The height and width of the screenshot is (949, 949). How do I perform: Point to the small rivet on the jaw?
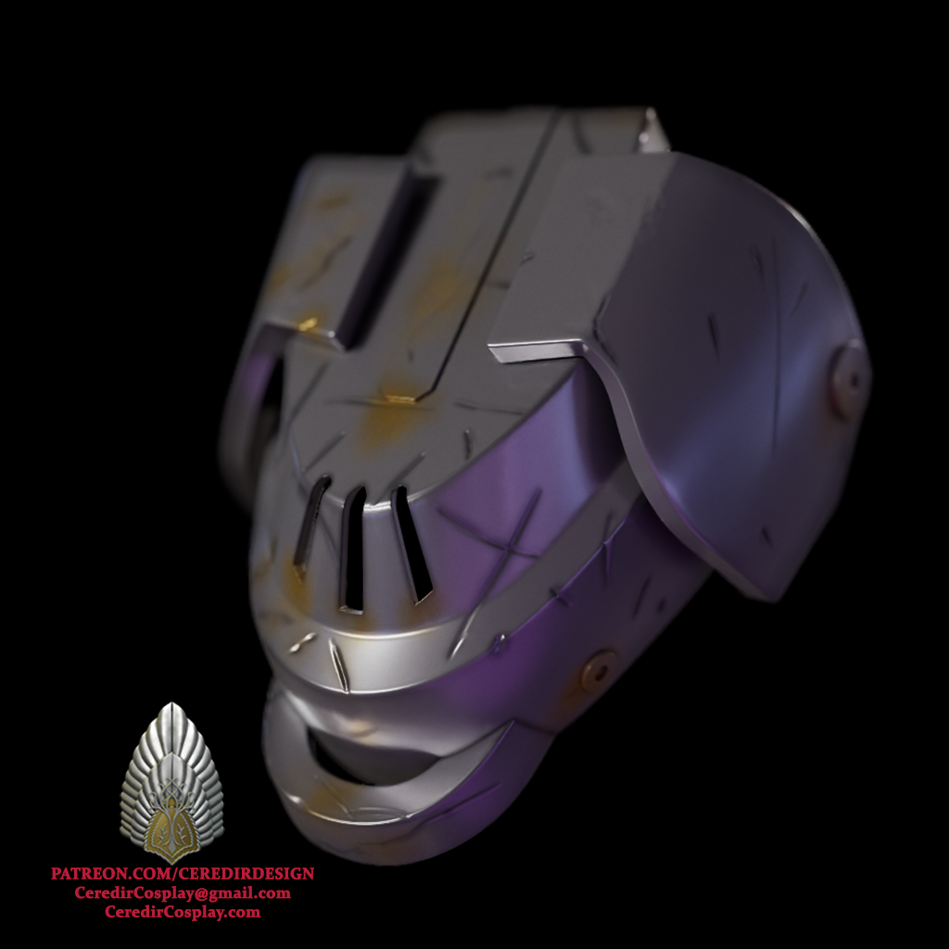click(x=598, y=669)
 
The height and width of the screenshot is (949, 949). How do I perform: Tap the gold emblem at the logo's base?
click(x=172, y=828)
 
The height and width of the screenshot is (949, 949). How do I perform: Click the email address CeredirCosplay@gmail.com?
click(x=183, y=893)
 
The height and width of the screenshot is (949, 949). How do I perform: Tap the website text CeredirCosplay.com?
click(x=183, y=912)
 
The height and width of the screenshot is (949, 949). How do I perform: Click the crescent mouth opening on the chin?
click(x=389, y=755)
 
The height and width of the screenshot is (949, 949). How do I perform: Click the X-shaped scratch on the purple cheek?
click(x=500, y=538)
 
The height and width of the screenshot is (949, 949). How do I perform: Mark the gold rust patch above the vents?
click(x=394, y=408)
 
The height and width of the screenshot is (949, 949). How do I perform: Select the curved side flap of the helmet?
click(x=732, y=371)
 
